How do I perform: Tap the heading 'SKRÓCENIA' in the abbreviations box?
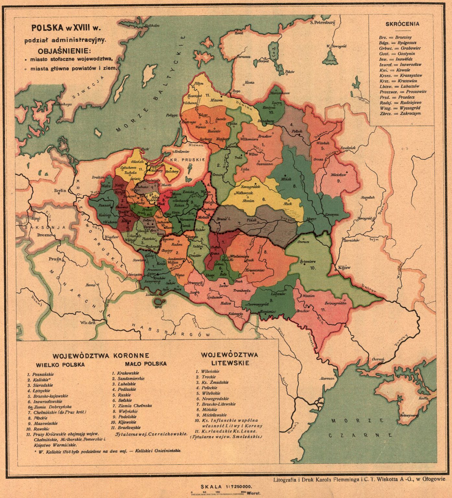point(402,24)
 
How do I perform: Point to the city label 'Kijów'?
point(344,268)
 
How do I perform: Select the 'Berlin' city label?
point(60,191)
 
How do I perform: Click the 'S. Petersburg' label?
point(322,23)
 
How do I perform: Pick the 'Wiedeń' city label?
point(88,323)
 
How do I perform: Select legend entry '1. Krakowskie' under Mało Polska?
point(125,373)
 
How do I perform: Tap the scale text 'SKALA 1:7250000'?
point(226,487)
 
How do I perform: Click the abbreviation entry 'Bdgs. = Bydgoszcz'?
point(398,43)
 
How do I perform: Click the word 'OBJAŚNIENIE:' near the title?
point(65,51)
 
